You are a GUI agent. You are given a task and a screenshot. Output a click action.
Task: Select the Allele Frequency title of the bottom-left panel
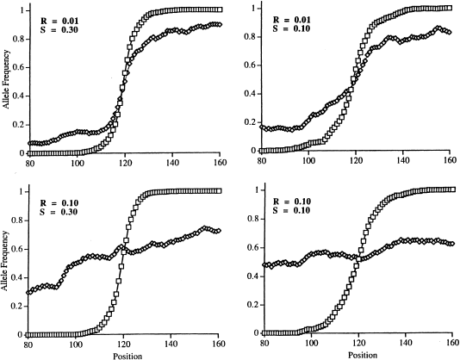7,269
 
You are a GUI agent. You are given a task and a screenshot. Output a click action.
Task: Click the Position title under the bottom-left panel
127,354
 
